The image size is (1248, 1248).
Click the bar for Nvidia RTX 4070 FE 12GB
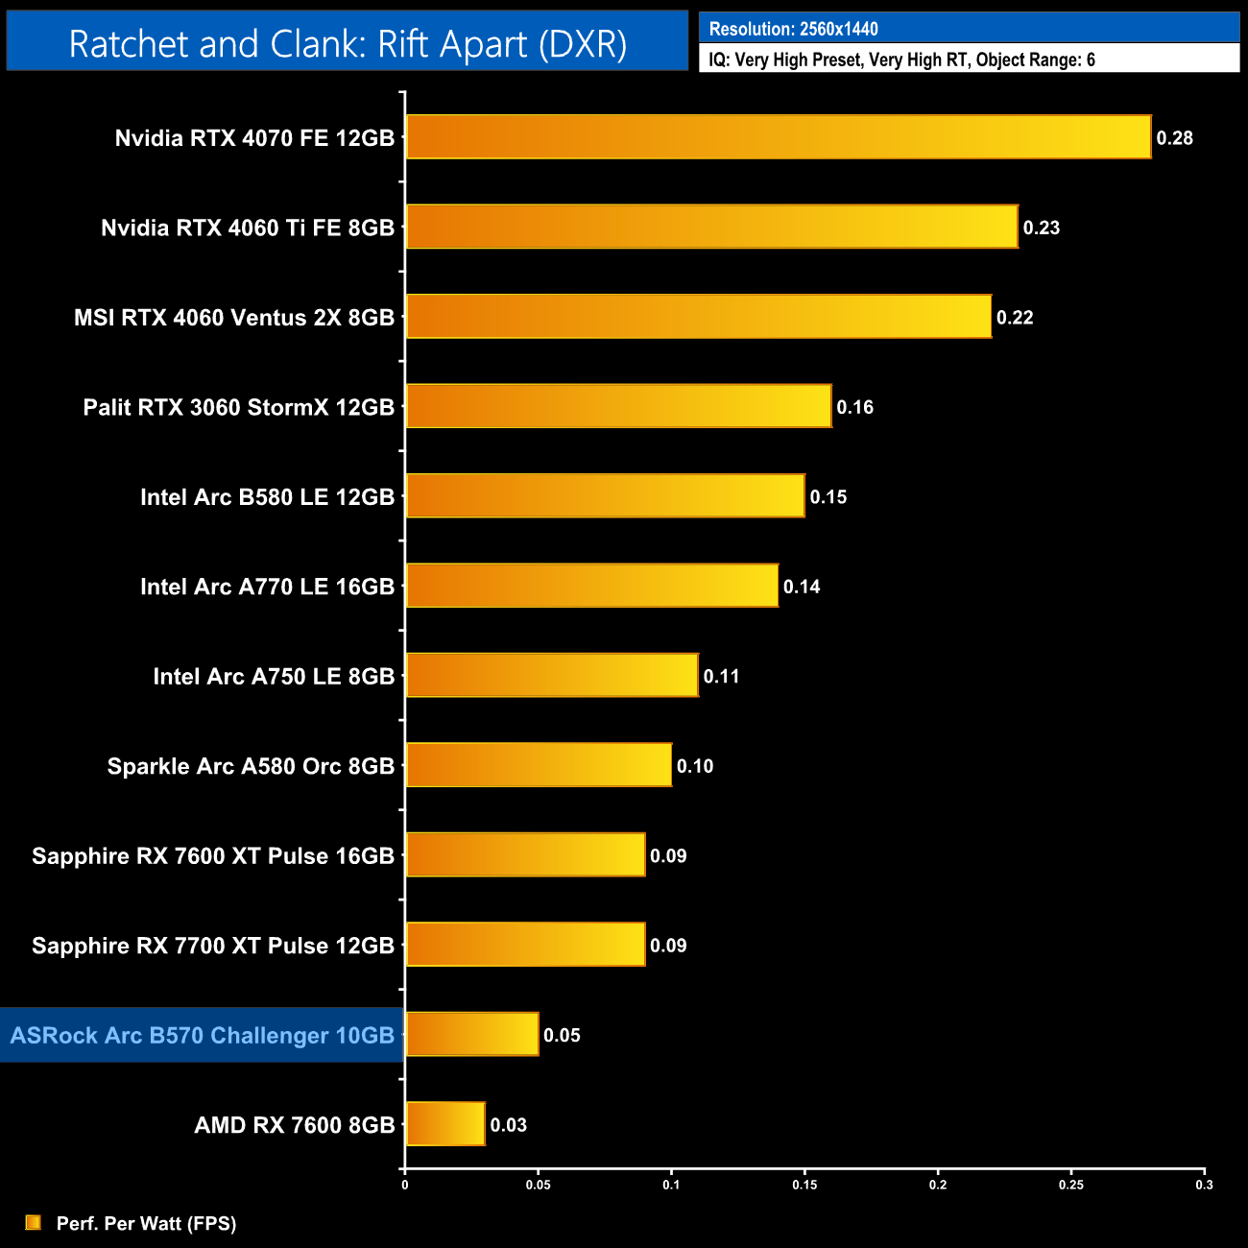pyautogui.click(x=778, y=137)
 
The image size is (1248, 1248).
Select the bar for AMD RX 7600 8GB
pyautogui.click(x=445, y=1124)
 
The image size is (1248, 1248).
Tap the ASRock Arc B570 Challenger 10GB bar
pyautogui.click(x=472, y=1035)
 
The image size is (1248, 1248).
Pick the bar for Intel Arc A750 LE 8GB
pyautogui.click(x=552, y=676)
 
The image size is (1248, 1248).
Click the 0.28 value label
pyautogui.click(x=1174, y=138)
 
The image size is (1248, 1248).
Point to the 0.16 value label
pyautogui.click(x=854, y=407)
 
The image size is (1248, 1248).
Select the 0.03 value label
pyautogui.click(x=509, y=1125)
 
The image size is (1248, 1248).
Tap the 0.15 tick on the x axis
pyautogui.click(x=804, y=1185)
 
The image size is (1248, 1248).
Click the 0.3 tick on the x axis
pyautogui.click(x=1204, y=1185)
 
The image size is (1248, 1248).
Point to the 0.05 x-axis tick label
pyautogui.click(x=538, y=1185)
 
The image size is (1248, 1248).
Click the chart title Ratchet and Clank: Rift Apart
pyautogui.click(x=348, y=44)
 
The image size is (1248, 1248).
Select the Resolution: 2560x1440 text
pyautogui.click(x=794, y=29)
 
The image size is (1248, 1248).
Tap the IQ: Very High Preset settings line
pyautogui.click(x=901, y=60)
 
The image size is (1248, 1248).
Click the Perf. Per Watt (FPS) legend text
pyautogui.click(x=146, y=1223)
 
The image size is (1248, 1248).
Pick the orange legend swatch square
pyautogui.click(x=34, y=1222)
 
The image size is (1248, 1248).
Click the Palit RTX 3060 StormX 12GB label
pyautogui.click(x=239, y=407)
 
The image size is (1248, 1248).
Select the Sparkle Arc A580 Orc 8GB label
pyautogui.click(x=251, y=766)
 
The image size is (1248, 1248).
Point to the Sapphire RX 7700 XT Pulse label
pyautogui.click(x=213, y=946)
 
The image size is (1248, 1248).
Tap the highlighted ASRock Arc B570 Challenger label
pyautogui.click(x=203, y=1035)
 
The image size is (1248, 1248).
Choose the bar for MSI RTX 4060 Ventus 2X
pyautogui.click(x=698, y=317)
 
